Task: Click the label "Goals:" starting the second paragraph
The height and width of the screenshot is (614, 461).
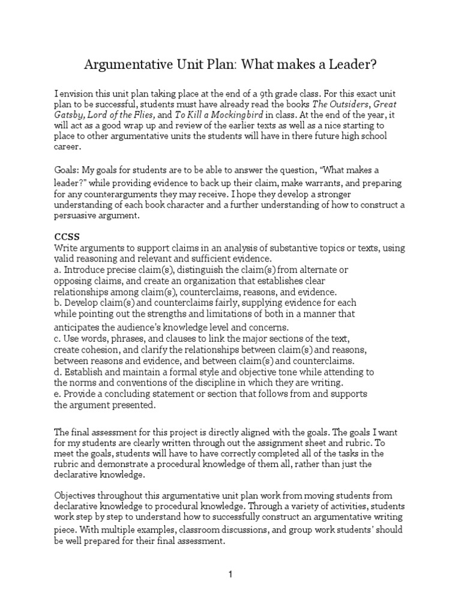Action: (68, 171)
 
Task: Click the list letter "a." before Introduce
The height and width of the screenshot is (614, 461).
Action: (58, 270)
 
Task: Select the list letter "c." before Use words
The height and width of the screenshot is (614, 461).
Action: (58, 338)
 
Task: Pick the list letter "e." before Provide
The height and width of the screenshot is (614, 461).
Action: (58, 394)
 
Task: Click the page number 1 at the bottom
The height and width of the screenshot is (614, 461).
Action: (230, 574)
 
